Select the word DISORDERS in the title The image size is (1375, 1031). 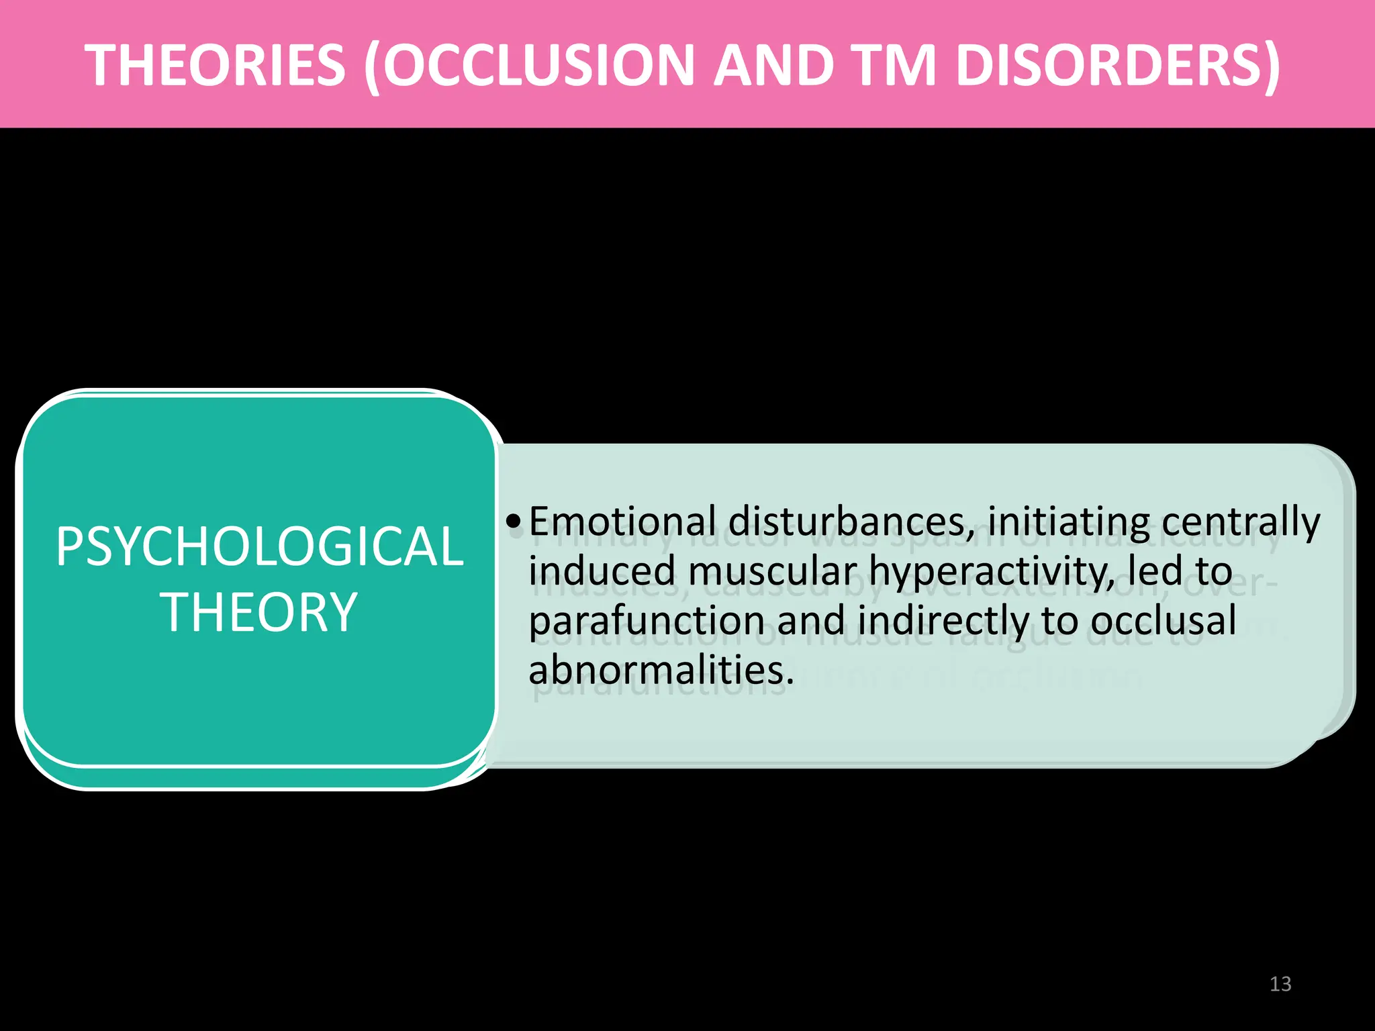pyautogui.click(x=1118, y=65)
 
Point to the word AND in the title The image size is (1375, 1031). pyautogui.click(x=772, y=65)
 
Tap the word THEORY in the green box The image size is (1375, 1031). pyautogui.click(x=259, y=612)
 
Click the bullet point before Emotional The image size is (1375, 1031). pyautogui.click(x=514, y=522)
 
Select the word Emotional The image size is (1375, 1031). pyautogui.click(x=622, y=522)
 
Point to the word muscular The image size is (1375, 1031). pyautogui.click(x=772, y=571)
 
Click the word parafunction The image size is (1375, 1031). pyautogui.click(x=647, y=620)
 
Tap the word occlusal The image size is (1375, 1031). pyautogui.click(x=1163, y=620)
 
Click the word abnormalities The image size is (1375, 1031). pyautogui.click(x=660, y=669)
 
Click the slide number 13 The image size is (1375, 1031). pyautogui.click(x=1280, y=984)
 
